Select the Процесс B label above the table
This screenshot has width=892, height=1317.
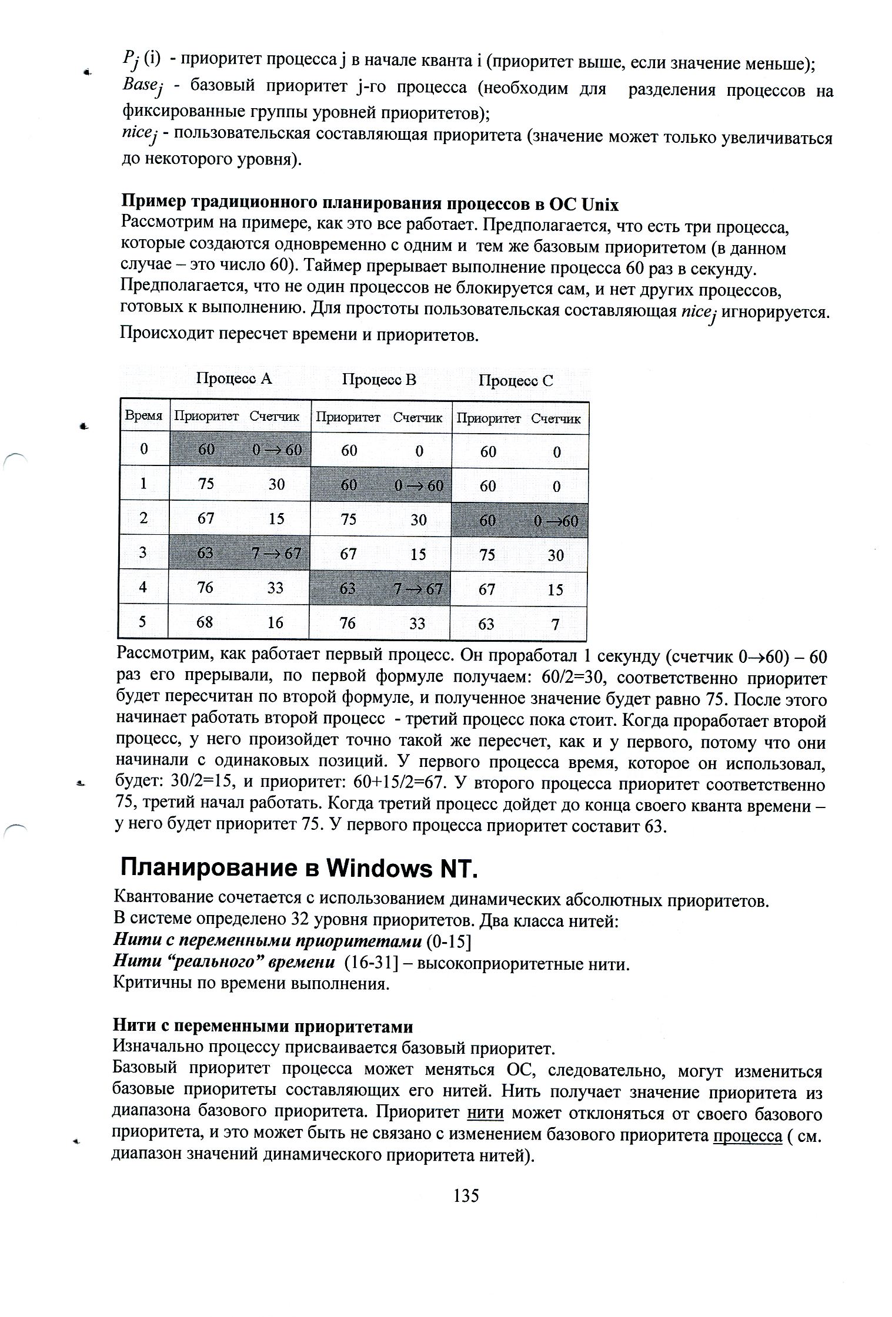coord(379,380)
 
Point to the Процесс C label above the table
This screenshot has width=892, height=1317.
coord(515,381)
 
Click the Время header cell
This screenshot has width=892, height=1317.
coord(143,415)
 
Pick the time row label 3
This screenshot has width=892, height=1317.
coord(143,552)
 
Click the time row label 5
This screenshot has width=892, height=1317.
coord(143,622)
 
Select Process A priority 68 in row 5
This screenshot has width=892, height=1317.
coord(205,622)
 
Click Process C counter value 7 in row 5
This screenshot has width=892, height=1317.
coord(555,624)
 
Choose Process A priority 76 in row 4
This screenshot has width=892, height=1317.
coord(205,587)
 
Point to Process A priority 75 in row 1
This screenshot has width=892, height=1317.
coord(206,484)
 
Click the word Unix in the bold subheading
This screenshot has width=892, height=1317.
coord(599,204)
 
